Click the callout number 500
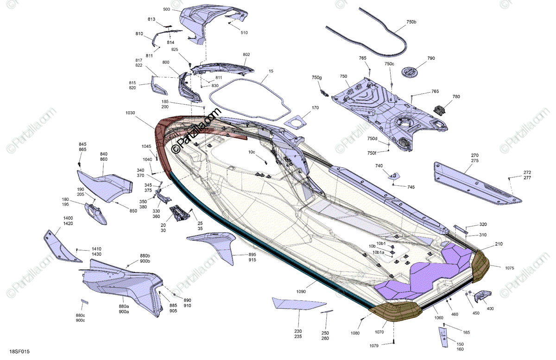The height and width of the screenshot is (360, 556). click(x=166, y=10)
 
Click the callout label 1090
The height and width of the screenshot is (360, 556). click(x=301, y=292)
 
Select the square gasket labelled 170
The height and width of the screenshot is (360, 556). click(x=297, y=122)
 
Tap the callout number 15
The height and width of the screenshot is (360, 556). click(x=271, y=72)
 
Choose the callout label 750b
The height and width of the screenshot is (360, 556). click(x=411, y=22)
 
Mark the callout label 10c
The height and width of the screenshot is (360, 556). click(x=252, y=152)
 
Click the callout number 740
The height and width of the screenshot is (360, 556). click(x=379, y=166)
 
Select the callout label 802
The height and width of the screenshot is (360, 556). click(x=246, y=55)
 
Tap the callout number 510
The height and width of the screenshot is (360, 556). click(x=244, y=32)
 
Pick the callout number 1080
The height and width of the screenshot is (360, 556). click(x=355, y=333)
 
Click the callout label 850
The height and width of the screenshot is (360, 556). click(x=133, y=211)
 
